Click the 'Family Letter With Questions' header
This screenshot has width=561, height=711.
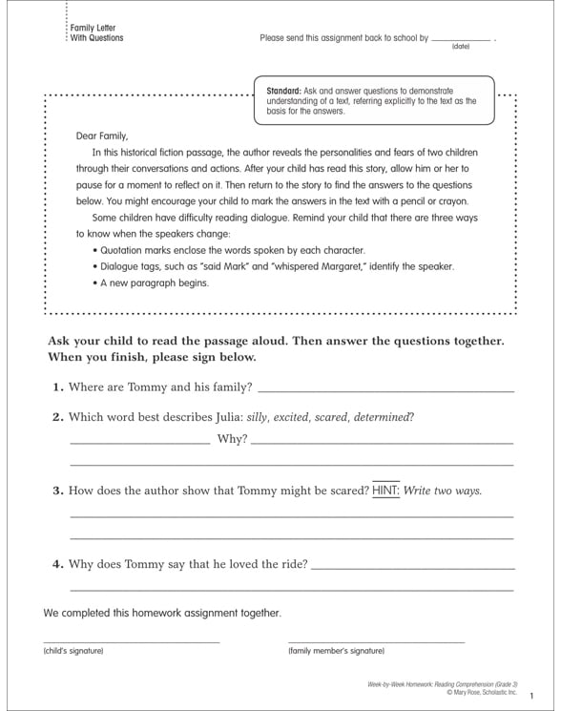point(96,33)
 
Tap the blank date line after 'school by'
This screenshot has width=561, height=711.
point(461,39)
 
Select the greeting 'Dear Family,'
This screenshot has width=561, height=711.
point(101,136)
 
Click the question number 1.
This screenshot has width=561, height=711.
point(57,387)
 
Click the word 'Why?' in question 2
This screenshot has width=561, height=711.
point(232,439)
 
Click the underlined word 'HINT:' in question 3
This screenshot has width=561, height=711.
point(385,491)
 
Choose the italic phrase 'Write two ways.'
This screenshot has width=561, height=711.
point(443,491)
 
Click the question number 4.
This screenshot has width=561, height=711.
point(57,564)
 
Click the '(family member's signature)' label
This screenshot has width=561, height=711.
point(336,651)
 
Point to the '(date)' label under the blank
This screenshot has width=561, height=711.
point(461,46)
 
